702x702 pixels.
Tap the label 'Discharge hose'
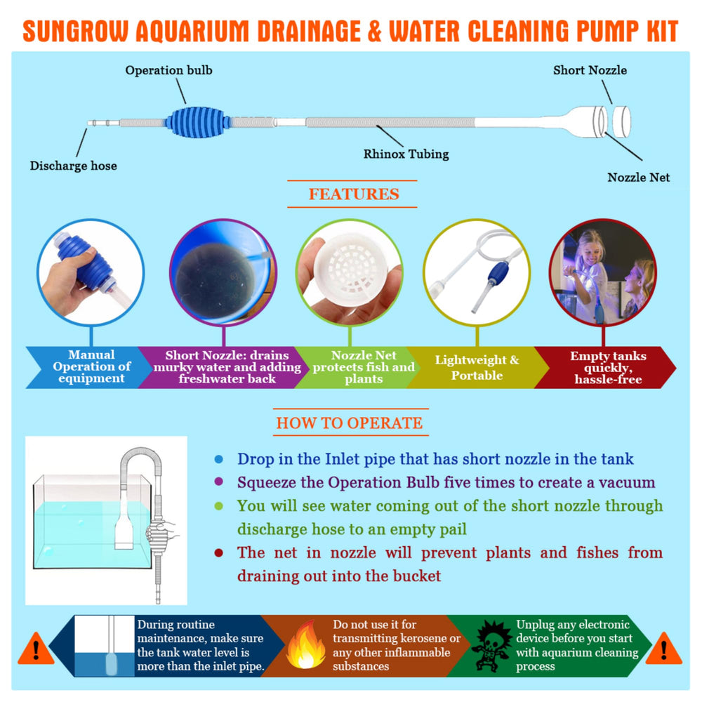pos(73,166)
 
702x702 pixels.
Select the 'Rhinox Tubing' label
pos(406,153)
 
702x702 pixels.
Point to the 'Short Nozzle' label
pos(590,70)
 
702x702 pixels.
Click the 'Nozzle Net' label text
pos(638,178)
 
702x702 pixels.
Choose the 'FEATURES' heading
pos(354,194)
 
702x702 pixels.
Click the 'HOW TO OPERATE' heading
pos(349,423)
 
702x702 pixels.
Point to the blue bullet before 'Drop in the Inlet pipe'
pos(219,460)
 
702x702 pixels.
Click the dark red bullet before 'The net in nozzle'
pos(219,553)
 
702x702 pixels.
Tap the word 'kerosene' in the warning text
pos(428,639)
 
